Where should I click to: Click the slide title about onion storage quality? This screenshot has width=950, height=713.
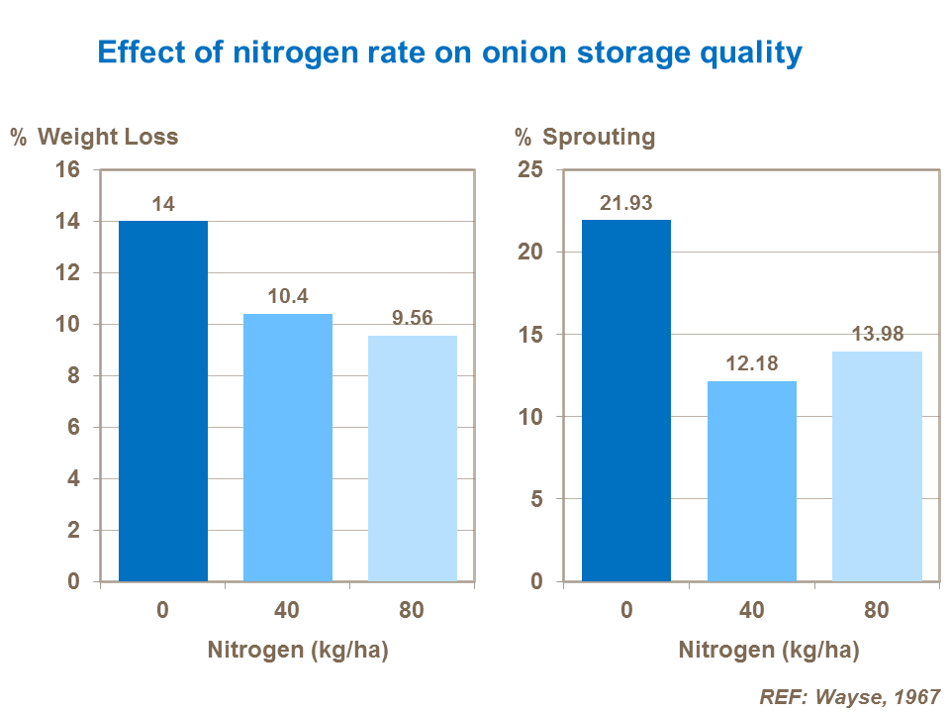pyautogui.click(x=448, y=52)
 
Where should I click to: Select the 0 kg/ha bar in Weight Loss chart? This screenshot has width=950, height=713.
pyautogui.click(x=163, y=401)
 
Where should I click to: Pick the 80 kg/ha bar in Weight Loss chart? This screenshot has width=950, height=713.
pyautogui.click(x=413, y=458)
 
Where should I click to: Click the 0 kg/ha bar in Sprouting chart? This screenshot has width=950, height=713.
pyautogui.click(x=626, y=401)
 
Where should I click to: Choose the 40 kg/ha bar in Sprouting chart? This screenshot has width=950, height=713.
pyautogui.click(x=752, y=481)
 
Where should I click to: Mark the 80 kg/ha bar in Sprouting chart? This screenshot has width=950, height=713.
pyautogui.click(x=877, y=466)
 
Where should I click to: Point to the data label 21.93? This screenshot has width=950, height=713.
pyautogui.click(x=626, y=203)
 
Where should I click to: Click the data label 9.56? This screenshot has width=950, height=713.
pyautogui.click(x=413, y=319)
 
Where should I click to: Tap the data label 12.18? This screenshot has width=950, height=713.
pyautogui.click(x=752, y=363)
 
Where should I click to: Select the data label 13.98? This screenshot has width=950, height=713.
pyautogui.click(x=877, y=334)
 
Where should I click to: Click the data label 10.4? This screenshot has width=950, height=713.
pyautogui.click(x=288, y=296)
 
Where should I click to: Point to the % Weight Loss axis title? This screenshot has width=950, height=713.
pyautogui.click(x=95, y=137)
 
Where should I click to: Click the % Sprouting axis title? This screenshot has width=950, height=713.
pyautogui.click(x=585, y=137)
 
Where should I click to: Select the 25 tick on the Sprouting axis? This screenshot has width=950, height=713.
pyautogui.click(x=530, y=169)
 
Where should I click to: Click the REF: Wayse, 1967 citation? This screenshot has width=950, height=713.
pyautogui.click(x=849, y=696)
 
